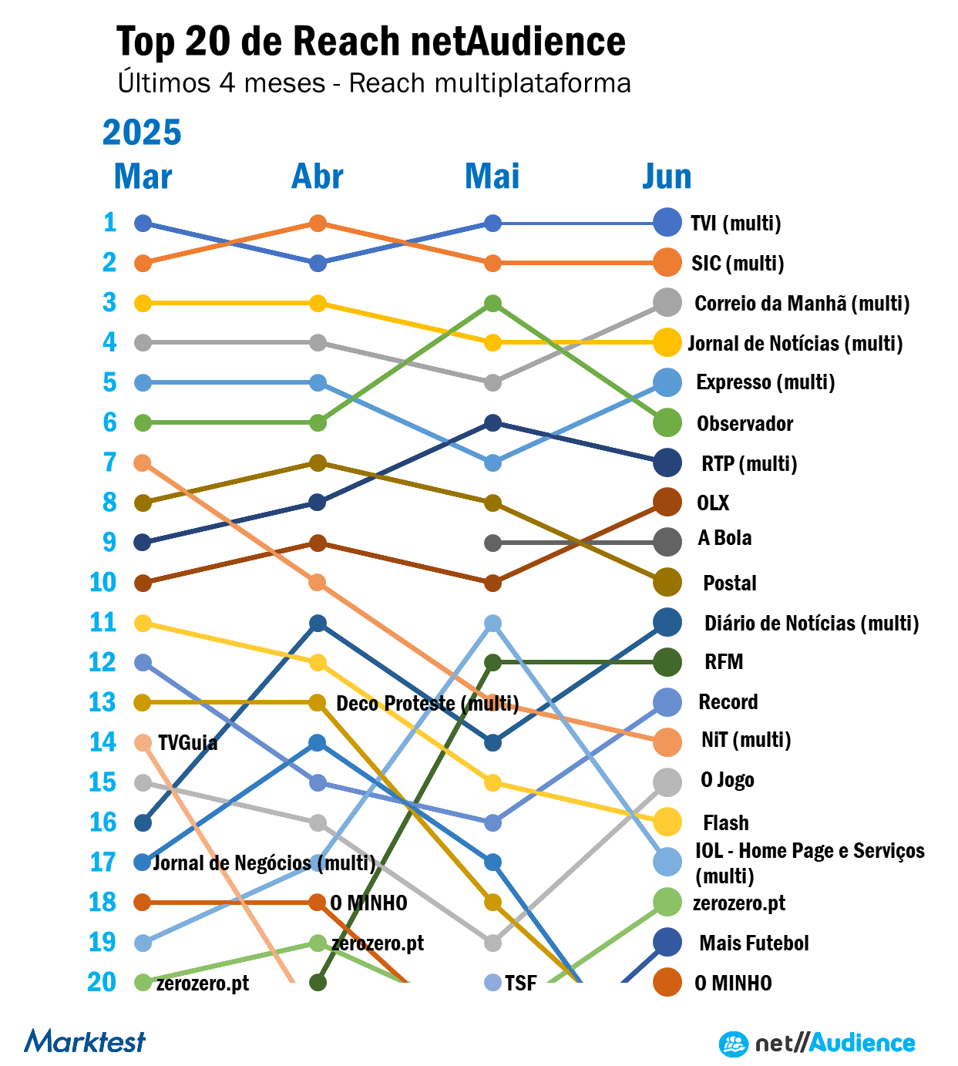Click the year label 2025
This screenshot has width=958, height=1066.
(142, 133)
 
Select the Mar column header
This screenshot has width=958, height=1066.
(143, 177)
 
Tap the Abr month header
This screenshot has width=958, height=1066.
(317, 177)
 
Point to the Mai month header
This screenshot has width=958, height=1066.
(492, 177)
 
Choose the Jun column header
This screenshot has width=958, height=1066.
(667, 177)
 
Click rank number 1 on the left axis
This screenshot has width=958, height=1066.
(110, 223)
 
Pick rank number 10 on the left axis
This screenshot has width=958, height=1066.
(103, 583)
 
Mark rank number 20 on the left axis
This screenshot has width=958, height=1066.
(102, 982)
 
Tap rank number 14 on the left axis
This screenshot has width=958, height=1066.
(103, 742)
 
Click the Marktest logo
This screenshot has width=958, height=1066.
(85, 1041)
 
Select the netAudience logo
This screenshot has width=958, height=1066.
(817, 1044)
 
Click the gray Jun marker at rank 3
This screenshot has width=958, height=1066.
(667, 302)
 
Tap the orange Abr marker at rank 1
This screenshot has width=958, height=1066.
(318, 224)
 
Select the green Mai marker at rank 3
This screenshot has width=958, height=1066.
(493, 303)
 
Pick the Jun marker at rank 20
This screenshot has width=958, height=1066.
(667, 982)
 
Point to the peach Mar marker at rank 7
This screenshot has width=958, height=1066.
(143, 462)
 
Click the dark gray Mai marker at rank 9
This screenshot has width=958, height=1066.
(493, 543)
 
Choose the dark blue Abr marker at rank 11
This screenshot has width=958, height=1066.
(318, 623)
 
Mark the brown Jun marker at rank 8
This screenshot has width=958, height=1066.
(667, 503)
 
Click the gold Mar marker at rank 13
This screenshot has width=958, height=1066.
(143, 702)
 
